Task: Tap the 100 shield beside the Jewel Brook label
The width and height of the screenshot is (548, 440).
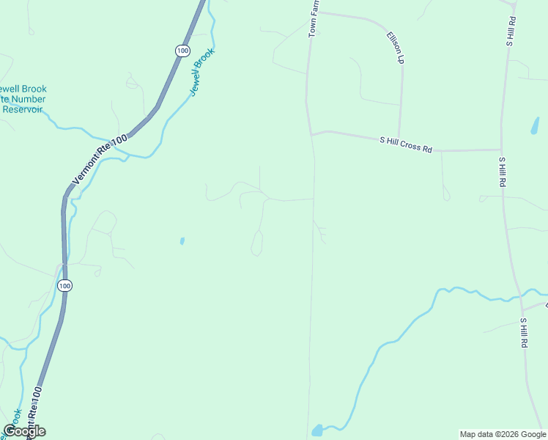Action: pyautogui.click(x=182, y=50)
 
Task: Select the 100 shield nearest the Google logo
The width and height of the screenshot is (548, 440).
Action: pyautogui.click(x=65, y=285)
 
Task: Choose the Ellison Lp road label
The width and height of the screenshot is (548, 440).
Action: pyautogui.click(x=396, y=46)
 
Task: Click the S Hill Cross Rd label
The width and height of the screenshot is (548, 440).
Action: pyautogui.click(x=405, y=144)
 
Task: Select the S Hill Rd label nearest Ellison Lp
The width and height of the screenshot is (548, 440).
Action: pyautogui.click(x=511, y=30)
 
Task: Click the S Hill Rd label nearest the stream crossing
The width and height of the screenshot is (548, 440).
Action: pyautogui.click(x=523, y=332)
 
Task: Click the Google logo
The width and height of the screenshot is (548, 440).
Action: pyautogui.click(x=24, y=431)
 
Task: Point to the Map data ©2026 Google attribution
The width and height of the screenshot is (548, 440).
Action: pyautogui.click(x=503, y=434)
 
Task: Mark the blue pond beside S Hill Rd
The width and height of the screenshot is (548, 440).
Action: pyautogui.click(x=535, y=125)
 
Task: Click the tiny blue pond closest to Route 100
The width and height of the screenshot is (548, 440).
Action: pyautogui.click(x=182, y=241)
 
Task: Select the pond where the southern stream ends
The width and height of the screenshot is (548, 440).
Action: pyautogui.click(x=316, y=430)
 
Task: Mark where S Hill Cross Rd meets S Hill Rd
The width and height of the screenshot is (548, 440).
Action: pyautogui.click(x=500, y=150)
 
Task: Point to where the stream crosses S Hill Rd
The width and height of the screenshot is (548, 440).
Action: pyautogui.click(x=520, y=297)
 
